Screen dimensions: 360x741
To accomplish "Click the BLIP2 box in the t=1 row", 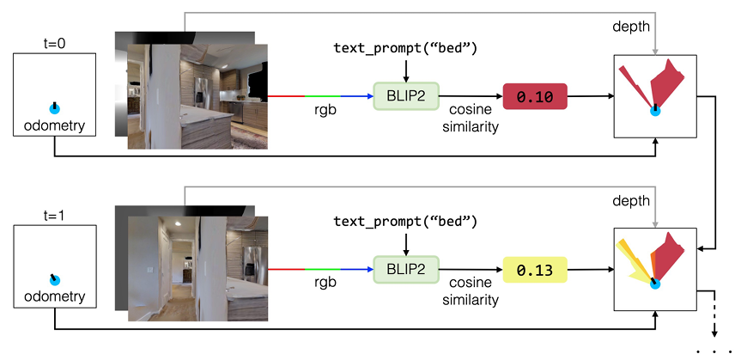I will pos(405,270).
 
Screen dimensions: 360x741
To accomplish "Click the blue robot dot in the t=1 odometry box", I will pos(54,279).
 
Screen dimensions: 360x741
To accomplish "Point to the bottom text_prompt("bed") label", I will pos(405,222).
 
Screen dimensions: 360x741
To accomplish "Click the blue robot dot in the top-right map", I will pos(655,109).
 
